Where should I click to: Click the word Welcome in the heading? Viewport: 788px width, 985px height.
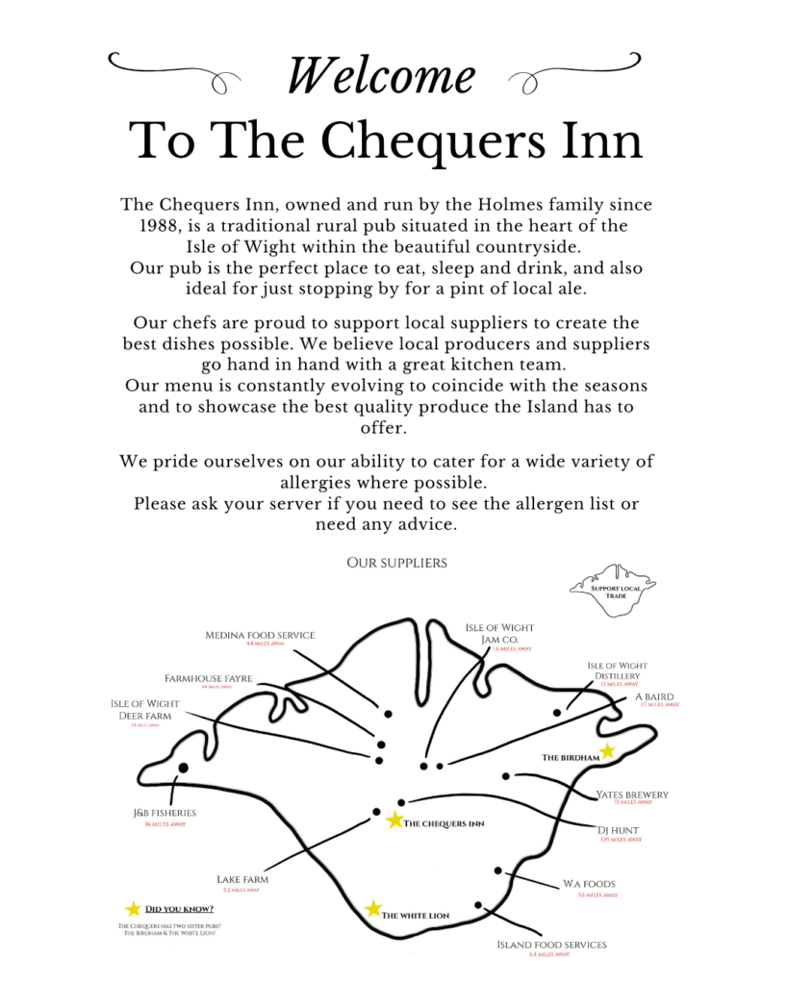click(381, 75)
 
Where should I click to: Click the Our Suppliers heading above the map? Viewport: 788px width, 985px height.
click(396, 563)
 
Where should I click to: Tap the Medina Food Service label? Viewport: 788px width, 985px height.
click(260, 635)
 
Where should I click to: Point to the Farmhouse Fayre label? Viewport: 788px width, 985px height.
click(208, 678)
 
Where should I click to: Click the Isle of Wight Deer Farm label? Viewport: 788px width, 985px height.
click(144, 710)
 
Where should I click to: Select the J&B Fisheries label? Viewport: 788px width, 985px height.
click(165, 813)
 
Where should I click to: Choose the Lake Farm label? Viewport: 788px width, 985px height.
click(242, 879)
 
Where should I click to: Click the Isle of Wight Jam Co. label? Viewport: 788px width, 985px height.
click(498, 634)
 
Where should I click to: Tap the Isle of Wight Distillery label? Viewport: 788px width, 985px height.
click(617, 670)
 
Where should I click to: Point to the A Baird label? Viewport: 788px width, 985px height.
click(654, 696)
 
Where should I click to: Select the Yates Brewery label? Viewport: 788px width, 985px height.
click(632, 795)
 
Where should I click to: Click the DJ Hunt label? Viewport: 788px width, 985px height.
click(619, 829)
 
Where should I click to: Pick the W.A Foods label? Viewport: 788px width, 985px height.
click(589, 883)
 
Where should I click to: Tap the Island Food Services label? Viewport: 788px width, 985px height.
click(551, 945)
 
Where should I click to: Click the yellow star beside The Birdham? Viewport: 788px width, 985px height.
click(607, 750)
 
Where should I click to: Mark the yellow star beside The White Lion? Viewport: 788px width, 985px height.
click(373, 909)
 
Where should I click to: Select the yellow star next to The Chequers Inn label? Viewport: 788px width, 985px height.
click(394, 821)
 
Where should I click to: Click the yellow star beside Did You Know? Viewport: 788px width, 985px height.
click(133, 909)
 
